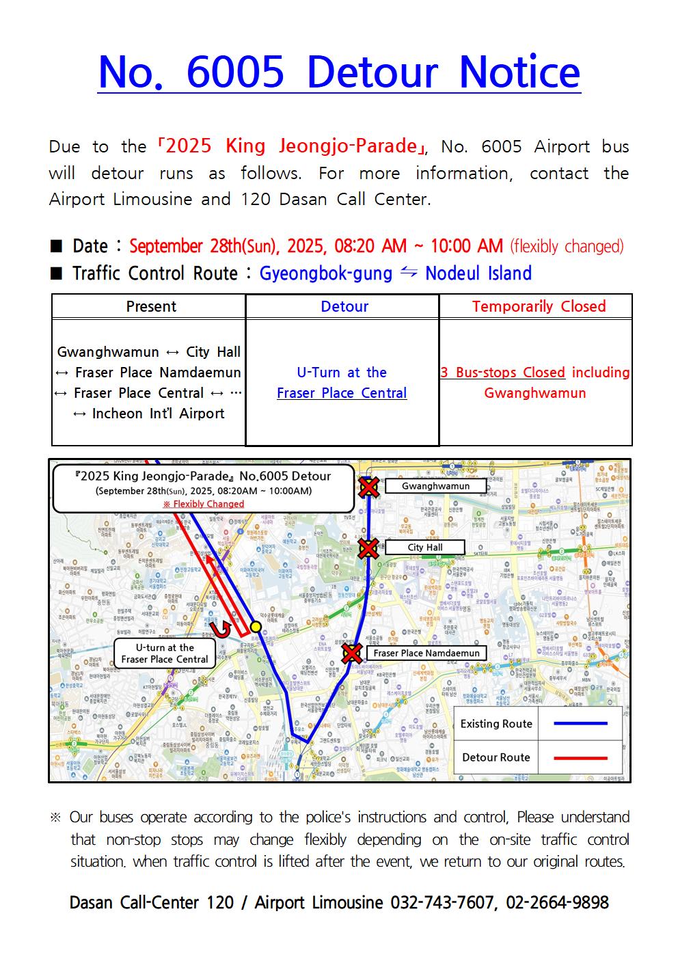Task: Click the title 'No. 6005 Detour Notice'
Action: tap(339, 72)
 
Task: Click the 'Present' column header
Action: tap(151, 306)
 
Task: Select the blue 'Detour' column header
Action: tap(344, 306)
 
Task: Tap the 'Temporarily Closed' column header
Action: tap(539, 306)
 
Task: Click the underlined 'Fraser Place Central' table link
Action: tap(342, 393)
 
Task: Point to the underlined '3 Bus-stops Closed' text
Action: tap(502, 373)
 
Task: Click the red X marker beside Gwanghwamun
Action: tap(369, 487)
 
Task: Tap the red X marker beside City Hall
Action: tap(369, 548)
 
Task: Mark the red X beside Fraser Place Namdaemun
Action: tap(352, 653)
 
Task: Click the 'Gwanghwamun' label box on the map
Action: tap(435, 486)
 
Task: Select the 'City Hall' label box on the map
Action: tap(424, 548)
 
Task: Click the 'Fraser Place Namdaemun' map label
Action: tap(426, 653)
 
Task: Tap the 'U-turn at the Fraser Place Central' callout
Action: tap(165, 653)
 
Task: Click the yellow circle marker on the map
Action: tap(256, 627)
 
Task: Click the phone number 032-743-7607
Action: tap(442, 903)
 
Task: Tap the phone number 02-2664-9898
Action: tap(557, 903)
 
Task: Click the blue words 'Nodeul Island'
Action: tap(478, 273)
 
